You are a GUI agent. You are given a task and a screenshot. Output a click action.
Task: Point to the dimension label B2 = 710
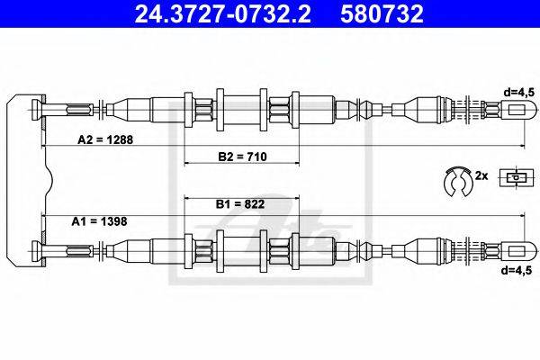tap(240, 156)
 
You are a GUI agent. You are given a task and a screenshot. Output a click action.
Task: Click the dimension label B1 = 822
tap(240, 205)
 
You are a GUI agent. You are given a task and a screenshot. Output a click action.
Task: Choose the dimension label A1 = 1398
tap(100, 220)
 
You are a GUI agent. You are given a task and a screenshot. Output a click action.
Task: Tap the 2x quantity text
tap(482, 177)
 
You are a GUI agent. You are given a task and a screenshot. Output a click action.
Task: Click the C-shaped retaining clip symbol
tap(458, 180)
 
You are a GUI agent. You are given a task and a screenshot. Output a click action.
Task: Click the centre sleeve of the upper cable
tap(239, 111)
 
